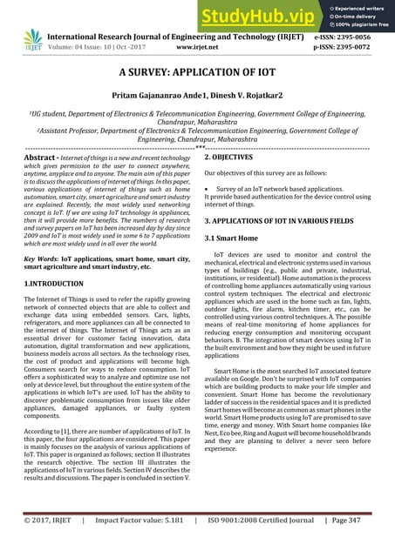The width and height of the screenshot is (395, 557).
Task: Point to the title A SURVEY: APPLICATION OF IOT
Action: (x=198, y=76)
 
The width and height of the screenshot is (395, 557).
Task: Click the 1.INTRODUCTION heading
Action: (x=62, y=284)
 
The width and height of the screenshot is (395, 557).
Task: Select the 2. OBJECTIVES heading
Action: (x=235, y=158)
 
